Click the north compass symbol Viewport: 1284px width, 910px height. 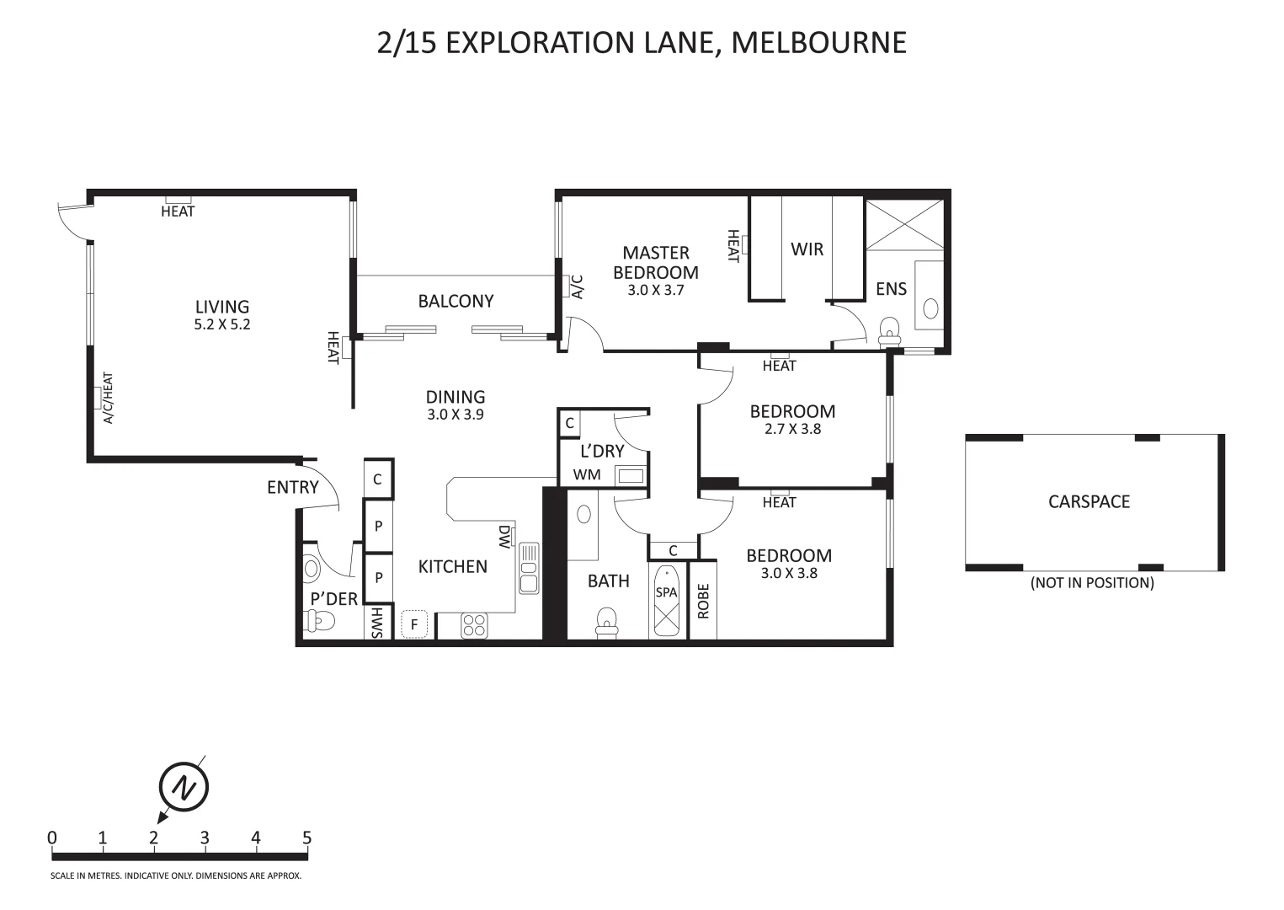183,787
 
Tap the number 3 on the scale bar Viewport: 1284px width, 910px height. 205,838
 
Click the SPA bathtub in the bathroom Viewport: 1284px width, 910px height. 666,600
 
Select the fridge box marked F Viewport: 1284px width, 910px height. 414,624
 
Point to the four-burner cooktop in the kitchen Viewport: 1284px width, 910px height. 474,625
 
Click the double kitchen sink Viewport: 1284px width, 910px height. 529,568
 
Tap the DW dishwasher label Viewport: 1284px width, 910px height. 504,537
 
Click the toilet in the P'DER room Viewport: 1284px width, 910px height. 321,622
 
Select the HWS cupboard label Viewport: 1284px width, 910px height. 376,622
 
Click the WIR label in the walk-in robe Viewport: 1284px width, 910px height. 807,249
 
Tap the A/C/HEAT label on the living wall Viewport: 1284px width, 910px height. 108,398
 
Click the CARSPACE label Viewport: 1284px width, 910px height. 1089,501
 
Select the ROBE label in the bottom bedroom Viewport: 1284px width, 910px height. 703,601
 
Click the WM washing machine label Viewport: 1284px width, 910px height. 587,474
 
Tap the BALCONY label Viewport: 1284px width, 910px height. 456,301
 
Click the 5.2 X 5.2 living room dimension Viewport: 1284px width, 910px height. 222,324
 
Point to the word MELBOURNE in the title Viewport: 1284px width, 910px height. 818,42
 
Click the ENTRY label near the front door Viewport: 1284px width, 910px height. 292,487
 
